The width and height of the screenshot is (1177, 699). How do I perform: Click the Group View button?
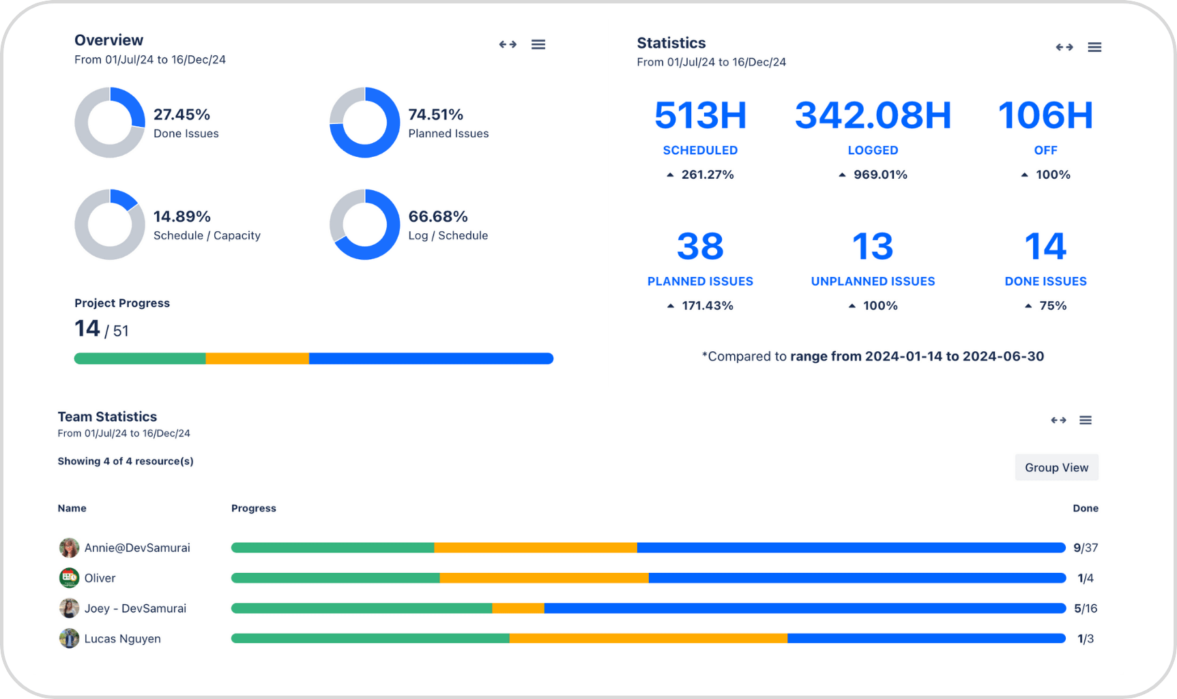pos(1056,467)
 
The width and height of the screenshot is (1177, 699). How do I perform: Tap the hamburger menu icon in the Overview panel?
pos(538,44)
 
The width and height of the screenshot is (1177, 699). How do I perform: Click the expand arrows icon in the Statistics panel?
pos(1064,47)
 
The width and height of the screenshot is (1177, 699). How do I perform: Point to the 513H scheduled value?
pos(700,115)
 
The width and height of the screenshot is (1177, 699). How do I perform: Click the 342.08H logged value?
pos(873,115)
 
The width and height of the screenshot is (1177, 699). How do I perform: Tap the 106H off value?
pos(1045,115)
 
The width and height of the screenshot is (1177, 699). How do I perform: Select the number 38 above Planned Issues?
pos(700,246)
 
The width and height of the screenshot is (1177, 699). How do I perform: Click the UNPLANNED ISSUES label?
pos(873,281)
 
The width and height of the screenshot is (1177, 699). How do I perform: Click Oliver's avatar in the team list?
pos(69,578)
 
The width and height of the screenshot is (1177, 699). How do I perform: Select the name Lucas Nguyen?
pos(123,639)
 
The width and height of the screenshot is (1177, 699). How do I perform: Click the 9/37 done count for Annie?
pos(1085,548)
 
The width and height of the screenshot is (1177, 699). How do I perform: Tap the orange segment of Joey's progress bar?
pos(518,608)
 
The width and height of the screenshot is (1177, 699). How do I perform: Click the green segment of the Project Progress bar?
pos(140,359)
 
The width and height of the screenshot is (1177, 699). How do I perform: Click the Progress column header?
pos(254,508)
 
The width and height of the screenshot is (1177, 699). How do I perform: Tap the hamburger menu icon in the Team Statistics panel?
pos(1086,420)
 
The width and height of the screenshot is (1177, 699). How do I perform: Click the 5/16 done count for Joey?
pos(1085,608)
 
